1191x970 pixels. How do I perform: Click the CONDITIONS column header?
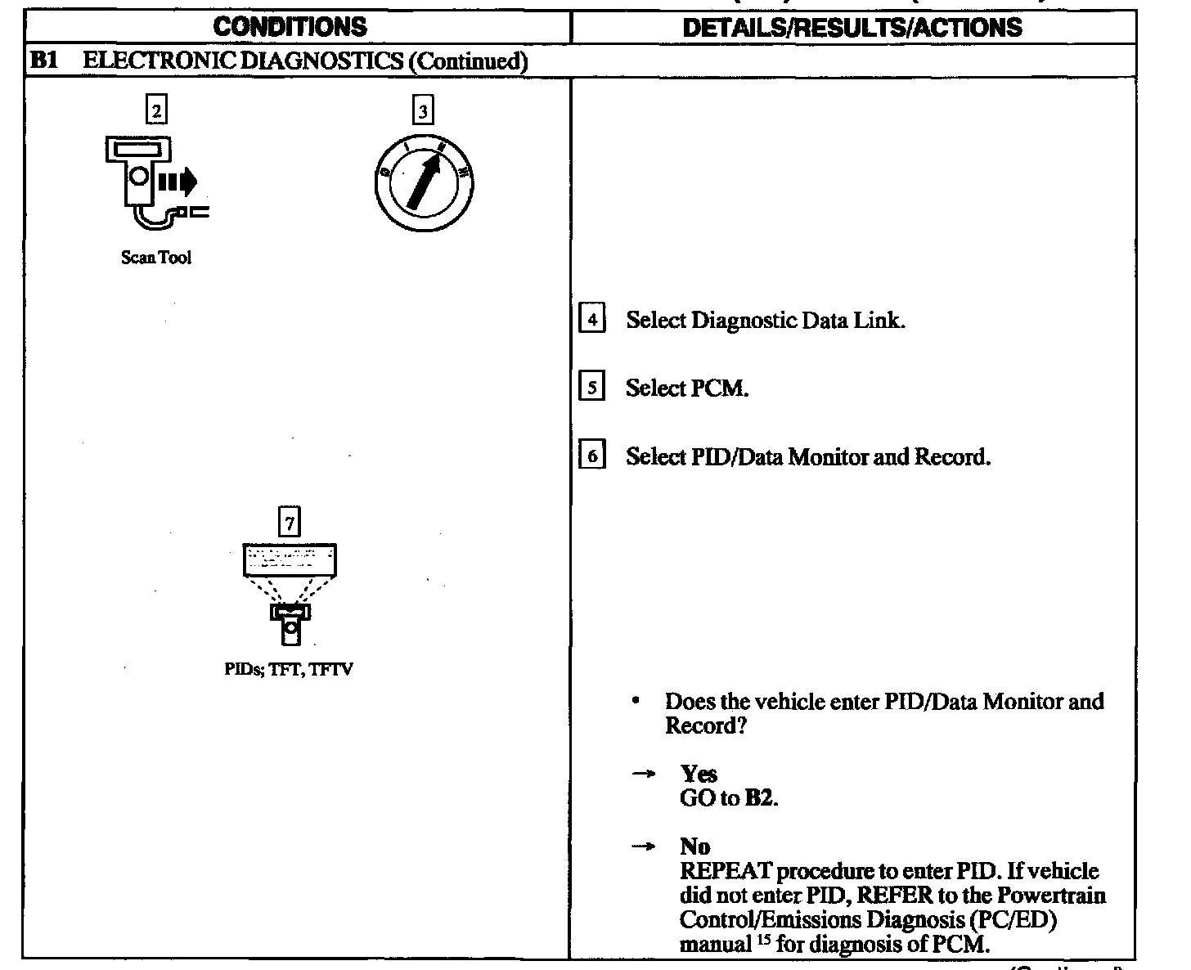(x=290, y=27)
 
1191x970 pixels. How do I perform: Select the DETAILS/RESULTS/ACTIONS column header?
(x=852, y=28)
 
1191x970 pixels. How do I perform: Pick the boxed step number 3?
(x=422, y=110)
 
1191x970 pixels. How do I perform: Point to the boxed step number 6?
(x=591, y=455)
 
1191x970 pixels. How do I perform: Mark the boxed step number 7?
(x=289, y=522)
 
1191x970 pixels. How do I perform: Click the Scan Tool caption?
(x=155, y=258)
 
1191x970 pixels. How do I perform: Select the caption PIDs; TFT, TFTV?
(x=288, y=670)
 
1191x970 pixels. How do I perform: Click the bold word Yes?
(x=699, y=774)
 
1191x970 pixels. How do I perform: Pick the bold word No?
(x=694, y=847)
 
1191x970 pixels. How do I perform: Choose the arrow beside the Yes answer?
(x=644, y=774)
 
